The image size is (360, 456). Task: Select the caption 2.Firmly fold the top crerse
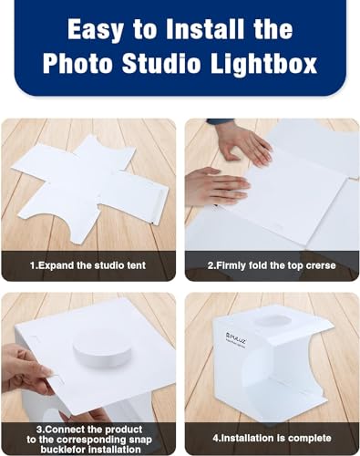pos(272,267)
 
